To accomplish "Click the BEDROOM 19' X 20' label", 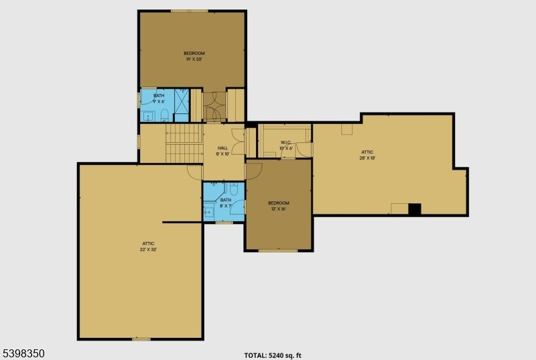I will (194, 56).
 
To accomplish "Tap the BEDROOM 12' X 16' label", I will (278, 206).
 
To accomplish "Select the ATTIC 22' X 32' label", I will (149, 246).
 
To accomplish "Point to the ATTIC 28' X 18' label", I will (367, 155).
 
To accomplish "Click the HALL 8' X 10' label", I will (222, 151).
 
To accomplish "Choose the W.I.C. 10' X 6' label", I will (285, 145).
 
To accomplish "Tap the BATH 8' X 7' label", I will (226, 202).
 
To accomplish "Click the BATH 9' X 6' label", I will (159, 99).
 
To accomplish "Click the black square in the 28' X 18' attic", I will (415, 209).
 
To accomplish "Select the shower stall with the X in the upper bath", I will (182, 101).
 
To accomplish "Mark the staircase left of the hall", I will (184, 143).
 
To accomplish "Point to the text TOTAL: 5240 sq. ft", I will (277, 355).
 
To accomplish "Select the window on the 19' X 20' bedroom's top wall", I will (189, 11).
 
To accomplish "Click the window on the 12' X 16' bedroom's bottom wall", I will (277, 251).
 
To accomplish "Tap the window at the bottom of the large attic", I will (141, 339).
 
